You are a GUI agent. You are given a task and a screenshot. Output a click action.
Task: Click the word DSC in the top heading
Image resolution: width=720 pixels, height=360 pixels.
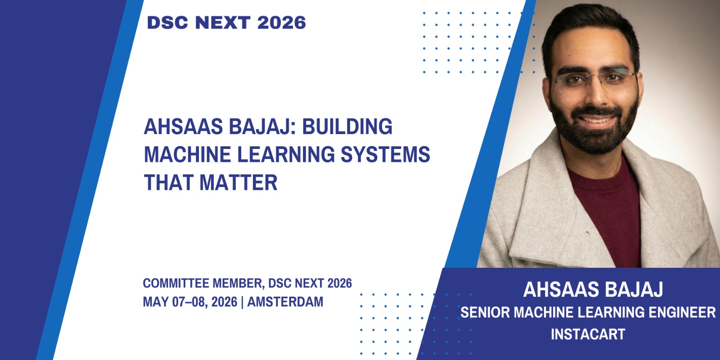click(167, 22)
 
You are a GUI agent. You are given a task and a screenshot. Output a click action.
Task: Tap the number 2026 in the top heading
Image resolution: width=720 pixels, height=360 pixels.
click(282, 22)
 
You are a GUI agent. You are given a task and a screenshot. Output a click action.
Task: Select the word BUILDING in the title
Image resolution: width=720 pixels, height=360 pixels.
click(347, 126)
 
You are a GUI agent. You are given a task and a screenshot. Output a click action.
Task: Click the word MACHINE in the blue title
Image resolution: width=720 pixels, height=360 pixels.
click(187, 154)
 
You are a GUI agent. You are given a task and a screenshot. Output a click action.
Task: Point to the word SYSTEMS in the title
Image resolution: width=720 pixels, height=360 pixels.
click(385, 154)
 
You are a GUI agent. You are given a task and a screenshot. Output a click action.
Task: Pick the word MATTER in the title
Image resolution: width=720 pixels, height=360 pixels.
click(238, 182)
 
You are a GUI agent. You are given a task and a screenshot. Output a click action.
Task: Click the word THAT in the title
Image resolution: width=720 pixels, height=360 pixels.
click(169, 182)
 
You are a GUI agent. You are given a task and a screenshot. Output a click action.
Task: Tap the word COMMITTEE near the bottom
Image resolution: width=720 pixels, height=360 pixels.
click(176, 283)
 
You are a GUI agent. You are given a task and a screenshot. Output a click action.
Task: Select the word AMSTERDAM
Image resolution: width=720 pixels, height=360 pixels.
click(285, 302)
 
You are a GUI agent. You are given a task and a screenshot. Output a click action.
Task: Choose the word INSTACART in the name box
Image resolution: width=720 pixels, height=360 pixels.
click(588, 334)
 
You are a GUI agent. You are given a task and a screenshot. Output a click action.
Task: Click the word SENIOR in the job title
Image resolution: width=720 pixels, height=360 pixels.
click(485, 312)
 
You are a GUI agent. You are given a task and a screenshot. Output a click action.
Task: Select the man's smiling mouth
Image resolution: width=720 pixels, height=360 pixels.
click(597, 121)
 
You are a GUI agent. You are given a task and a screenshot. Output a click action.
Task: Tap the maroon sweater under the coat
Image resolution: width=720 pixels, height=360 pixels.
click(607, 212)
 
